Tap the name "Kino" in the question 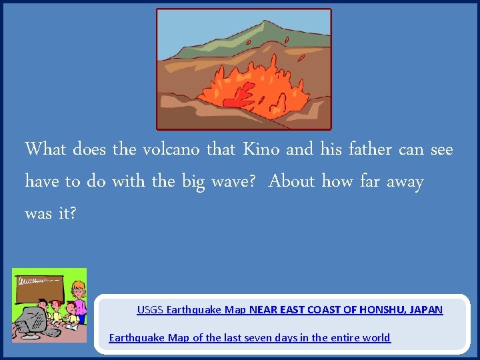click(261, 149)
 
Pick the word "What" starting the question click(45, 149)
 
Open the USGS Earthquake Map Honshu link click(289, 309)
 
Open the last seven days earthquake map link click(249, 337)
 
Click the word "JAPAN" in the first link click(426, 309)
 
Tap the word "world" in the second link click(375, 337)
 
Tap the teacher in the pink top click(78, 300)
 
